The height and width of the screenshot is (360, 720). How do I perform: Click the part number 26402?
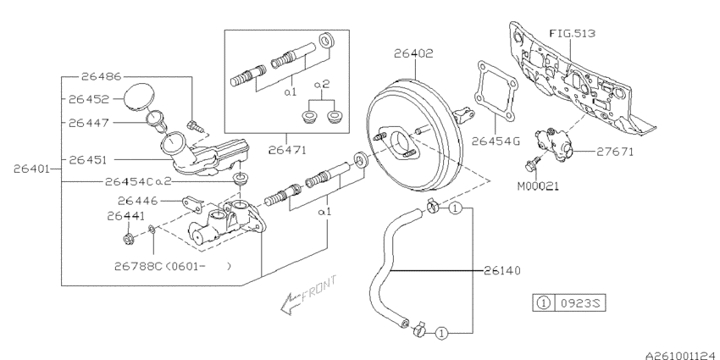(413, 53)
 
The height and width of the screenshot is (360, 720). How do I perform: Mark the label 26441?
(126, 216)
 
